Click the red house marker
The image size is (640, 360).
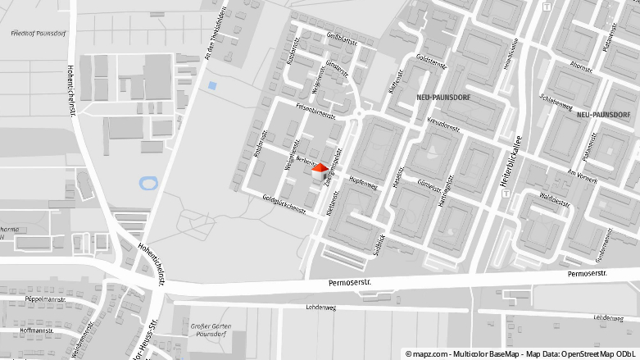(x=319, y=171)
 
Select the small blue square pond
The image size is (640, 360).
(x=213, y=84)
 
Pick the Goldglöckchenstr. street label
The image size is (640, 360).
(x=284, y=204)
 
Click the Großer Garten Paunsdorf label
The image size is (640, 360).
(x=211, y=330)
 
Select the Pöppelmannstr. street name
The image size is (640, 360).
(x=45, y=300)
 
